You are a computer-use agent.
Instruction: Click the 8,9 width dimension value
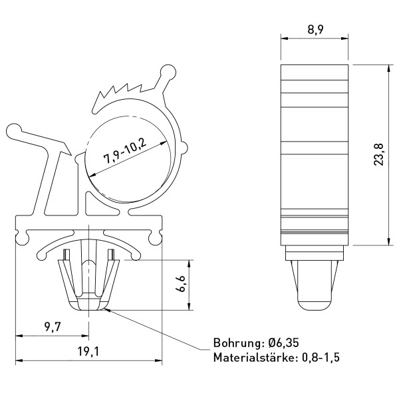pyautogui.click(x=315, y=29)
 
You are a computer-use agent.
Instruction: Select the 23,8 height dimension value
pyautogui.click(x=379, y=155)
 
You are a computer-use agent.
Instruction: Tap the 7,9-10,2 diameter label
pyautogui.click(x=125, y=152)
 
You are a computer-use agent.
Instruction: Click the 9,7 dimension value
pyautogui.click(x=53, y=327)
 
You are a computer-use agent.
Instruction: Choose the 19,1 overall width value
pyautogui.click(x=88, y=351)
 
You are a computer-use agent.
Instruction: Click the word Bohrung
pyautogui.click(x=237, y=343)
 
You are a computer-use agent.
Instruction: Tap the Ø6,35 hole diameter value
pyautogui.click(x=283, y=342)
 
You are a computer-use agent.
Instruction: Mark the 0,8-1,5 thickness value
pyautogui.click(x=321, y=358)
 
